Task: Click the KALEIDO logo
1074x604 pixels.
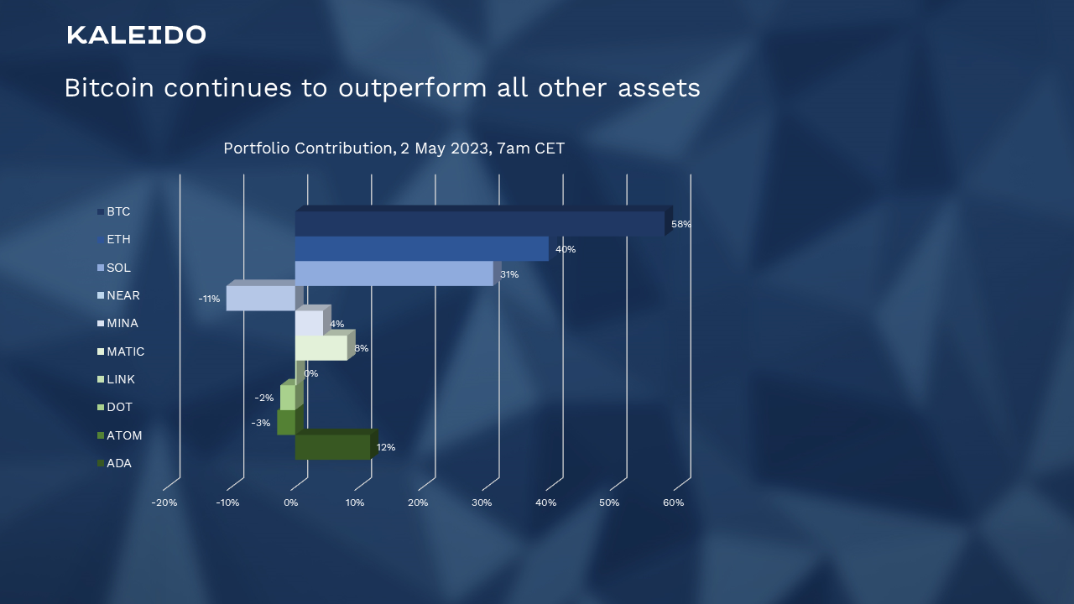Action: (136, 35)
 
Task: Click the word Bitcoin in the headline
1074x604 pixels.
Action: (109, 88)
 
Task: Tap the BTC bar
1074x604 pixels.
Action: (480, 223)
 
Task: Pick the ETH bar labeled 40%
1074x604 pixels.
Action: (421, 248)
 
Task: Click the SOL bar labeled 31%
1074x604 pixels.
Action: (394, 273)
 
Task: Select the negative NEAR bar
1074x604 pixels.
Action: (260, 298)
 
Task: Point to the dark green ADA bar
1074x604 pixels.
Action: (333, 447)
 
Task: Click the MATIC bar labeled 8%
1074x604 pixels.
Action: (321, 347)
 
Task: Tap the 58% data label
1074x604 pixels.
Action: (680, 224)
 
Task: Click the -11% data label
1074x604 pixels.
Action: (209, 299)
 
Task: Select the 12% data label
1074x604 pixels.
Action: (385, 447)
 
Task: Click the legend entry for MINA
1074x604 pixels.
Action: (118, 323)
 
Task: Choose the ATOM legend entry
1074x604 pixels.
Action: (120, 435)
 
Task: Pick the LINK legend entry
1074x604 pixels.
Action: (116, 379)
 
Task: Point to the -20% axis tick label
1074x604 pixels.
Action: (164, 502)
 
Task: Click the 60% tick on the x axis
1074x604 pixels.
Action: (673, 502)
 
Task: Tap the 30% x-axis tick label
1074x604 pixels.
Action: (482, 502)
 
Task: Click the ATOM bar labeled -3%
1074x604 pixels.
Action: (286, 422)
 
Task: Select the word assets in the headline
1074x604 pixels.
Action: (659, 88)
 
